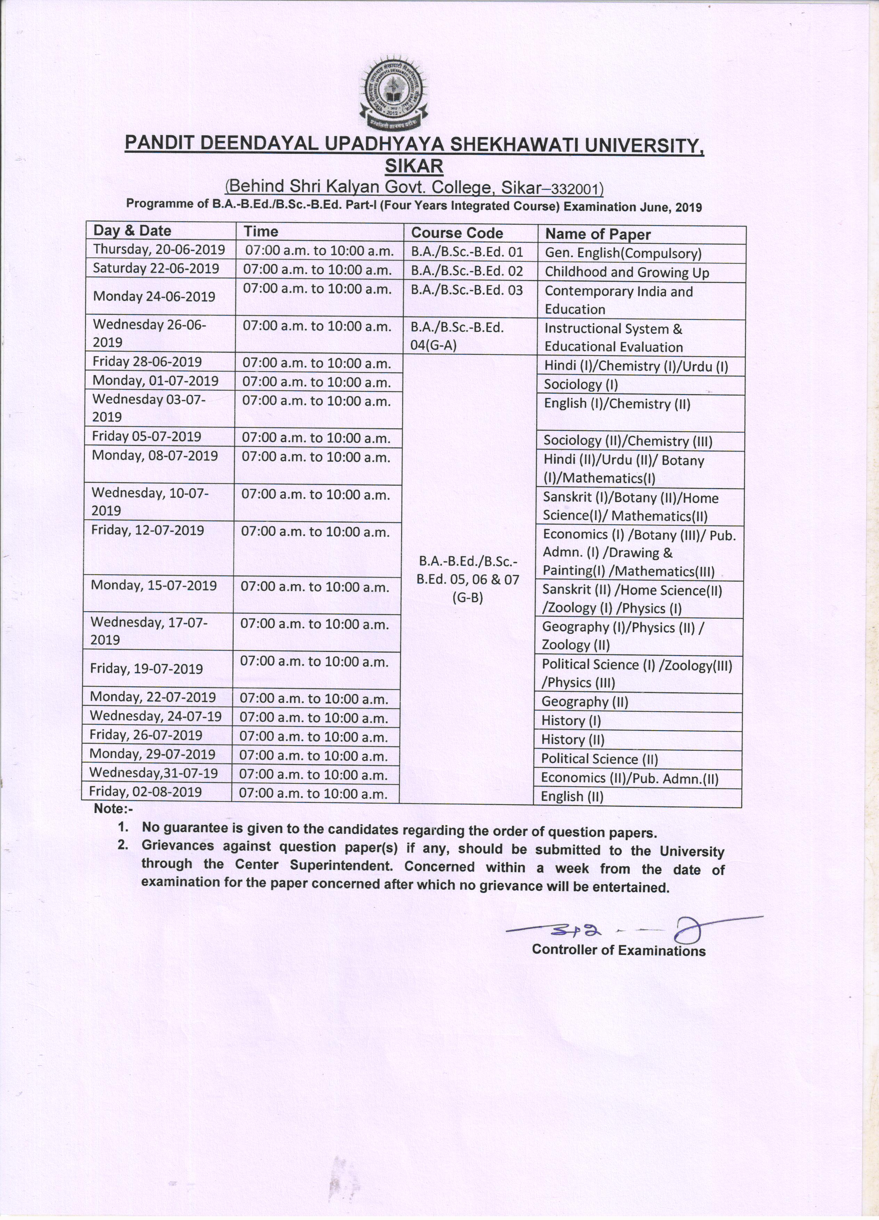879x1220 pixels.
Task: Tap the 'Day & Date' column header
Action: (x=132, y=231)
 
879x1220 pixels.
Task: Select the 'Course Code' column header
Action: (x=457, y=233)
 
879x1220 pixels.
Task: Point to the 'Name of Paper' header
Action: (x=598, y=234)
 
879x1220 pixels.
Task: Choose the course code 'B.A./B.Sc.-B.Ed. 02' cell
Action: (x=467, y=271)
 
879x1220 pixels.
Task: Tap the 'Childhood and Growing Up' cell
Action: (x=627, y=272)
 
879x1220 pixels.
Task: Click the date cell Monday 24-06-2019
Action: (x=154, y=296)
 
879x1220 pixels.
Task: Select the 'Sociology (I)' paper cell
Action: (x=581, y=385)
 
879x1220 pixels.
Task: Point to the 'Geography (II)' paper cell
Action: (x=584, y=702)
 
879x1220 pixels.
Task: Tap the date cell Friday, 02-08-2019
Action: (x=145, y=792)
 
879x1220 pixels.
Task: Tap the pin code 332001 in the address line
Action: (x=574, y=189)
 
